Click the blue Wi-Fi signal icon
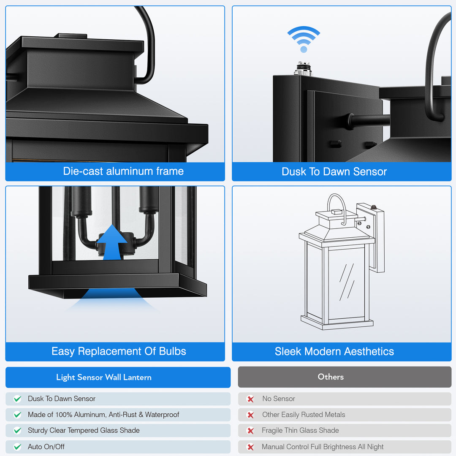point(304,39)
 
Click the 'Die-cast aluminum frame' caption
point(123,171)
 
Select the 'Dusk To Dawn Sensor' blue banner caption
point(334,171)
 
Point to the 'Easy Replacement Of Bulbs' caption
point(119,351)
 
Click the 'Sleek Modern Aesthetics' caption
point(334,351)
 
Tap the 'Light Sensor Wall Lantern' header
point(104,377)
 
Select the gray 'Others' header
point(331,377)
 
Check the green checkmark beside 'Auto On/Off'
point(17,447)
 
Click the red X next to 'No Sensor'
point(250,399)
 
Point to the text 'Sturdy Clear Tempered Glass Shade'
point(84,430)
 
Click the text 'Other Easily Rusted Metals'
point(304,415)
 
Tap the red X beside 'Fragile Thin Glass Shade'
point(250,431)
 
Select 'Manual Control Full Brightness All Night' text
point(323,447)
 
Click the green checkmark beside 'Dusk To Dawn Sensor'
point(17,399)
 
